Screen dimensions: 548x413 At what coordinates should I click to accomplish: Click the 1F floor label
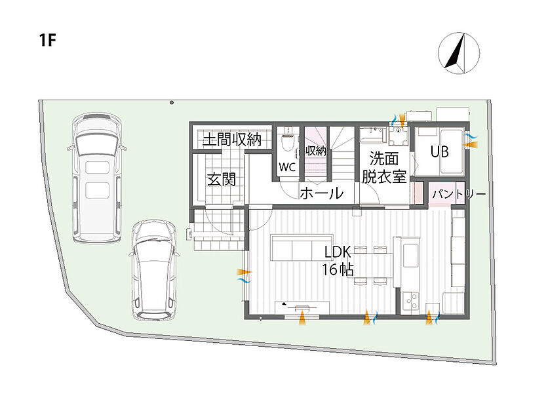coord(48,40)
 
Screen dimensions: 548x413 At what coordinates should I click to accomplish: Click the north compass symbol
coord(459,53)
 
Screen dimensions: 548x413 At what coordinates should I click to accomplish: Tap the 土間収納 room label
coord(232,140)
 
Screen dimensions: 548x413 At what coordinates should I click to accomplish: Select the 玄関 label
coord(222,179)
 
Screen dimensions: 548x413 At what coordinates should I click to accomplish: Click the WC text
coord(287,167)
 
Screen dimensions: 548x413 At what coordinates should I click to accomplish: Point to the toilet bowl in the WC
coord(288,142)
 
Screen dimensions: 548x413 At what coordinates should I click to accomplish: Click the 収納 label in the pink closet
coord(316,151)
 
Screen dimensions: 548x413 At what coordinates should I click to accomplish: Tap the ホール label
coord(322,193)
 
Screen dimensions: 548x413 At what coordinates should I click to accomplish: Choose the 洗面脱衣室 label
coord(384,168)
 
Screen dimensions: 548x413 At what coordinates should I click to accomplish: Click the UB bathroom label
coord(439,151)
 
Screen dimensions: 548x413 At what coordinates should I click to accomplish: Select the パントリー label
coord(459,194)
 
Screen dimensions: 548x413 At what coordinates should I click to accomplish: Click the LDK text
coord(338,252)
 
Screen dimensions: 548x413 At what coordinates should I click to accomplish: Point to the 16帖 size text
coord(338,269)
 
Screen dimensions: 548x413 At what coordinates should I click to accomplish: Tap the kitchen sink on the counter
coord(411,255)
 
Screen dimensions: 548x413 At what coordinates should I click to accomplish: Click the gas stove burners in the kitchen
coord(410,301)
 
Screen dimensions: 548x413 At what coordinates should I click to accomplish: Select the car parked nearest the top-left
coord(97,178)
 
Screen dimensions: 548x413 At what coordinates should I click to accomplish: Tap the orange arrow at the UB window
coord(471,144)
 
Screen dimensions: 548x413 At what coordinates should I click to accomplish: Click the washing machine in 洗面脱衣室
coord(399,136)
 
